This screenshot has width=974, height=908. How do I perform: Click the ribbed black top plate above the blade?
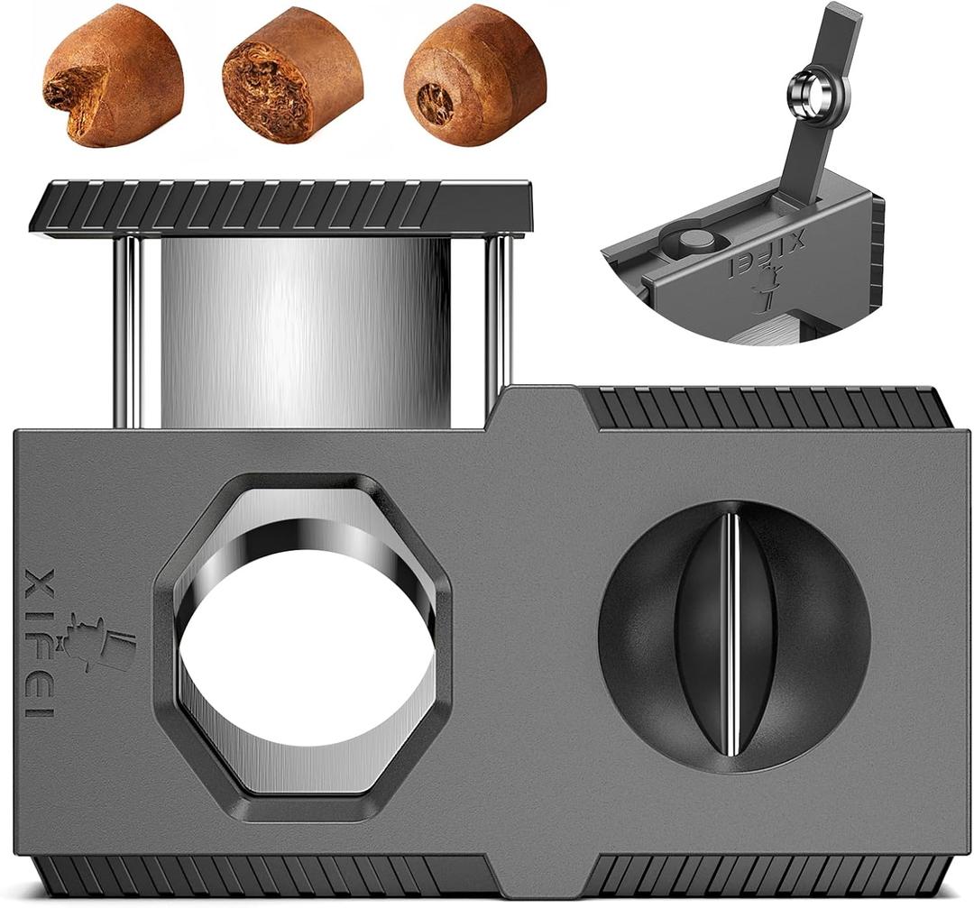(280, 206)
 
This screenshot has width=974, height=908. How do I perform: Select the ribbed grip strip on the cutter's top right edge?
(767, 408)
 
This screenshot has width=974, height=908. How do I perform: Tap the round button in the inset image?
(695, 239)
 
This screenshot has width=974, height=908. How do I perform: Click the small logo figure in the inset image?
(760, 297)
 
